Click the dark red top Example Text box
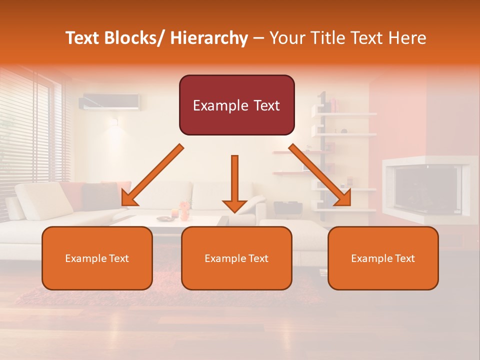[x=236, y=105]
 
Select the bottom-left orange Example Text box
[x=97, y=258]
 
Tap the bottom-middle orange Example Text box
[x=236, y=258]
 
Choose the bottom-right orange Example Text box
[x=383, y=258]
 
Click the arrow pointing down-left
[x=153, y=175]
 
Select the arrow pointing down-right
[x=320, y=175]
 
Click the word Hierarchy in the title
[x=209, y=38]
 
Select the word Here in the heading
[x=408, y=38]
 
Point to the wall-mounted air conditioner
[x=110, y=101]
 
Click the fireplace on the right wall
[x=427, y=187]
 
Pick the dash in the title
[x=258, y=38]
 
